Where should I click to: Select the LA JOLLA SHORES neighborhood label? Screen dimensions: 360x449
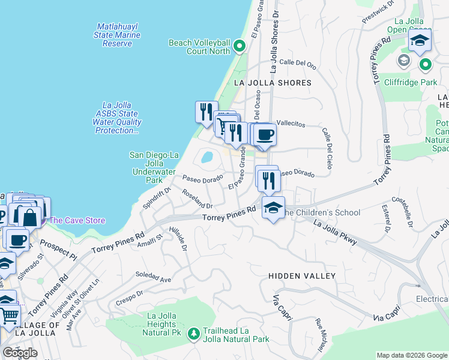point(273,83)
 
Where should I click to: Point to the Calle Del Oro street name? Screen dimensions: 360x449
point(298,62)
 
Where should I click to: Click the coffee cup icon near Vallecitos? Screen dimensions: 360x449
point(264,134)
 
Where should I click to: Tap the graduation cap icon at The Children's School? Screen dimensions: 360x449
point(273,208)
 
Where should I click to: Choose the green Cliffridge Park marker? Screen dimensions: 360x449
point(426,64)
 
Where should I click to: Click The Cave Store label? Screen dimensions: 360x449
point(77,220)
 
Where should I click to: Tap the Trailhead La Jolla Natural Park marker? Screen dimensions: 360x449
point(194,333)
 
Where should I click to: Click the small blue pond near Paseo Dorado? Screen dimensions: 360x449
point(207,158)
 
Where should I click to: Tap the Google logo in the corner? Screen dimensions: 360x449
point(20,353)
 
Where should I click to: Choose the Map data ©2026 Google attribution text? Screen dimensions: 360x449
point(412,355)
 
